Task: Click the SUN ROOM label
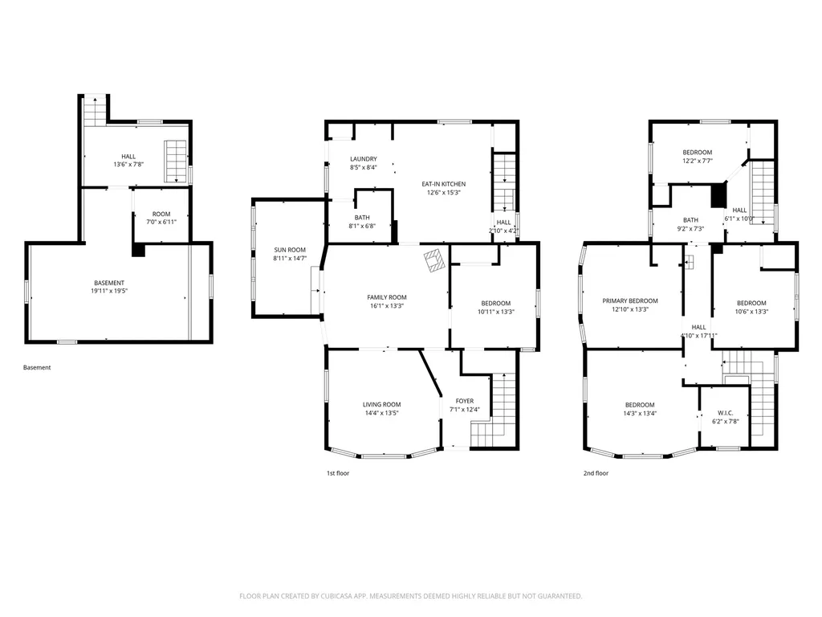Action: (x=289, y=250)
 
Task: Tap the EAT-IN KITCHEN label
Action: (x=443, y=184)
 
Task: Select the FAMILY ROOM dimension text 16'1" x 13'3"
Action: (x=387, y=306)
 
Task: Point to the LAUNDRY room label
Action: (x=364, y=159)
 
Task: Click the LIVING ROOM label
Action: (x=381, y=405)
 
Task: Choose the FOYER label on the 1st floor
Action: (x=465, y=401)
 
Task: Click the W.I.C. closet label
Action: (x=725, y=413)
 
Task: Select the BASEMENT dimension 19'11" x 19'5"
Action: (x=109, y=291)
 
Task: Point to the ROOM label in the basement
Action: (x=161, y=214)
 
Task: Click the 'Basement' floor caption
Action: (x=37, y=367)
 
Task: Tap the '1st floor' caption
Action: (x=338, y=473)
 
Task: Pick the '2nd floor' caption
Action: (x=596, y=473)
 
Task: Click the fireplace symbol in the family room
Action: (x=434, y=259)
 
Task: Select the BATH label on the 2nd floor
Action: (x=690, y=220)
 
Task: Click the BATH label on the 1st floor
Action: (x=362, y=217)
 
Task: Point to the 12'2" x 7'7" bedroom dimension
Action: (x=698, y=161)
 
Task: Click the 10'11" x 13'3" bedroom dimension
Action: (x=496, y=312)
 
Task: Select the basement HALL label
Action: (x=128, y=157)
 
